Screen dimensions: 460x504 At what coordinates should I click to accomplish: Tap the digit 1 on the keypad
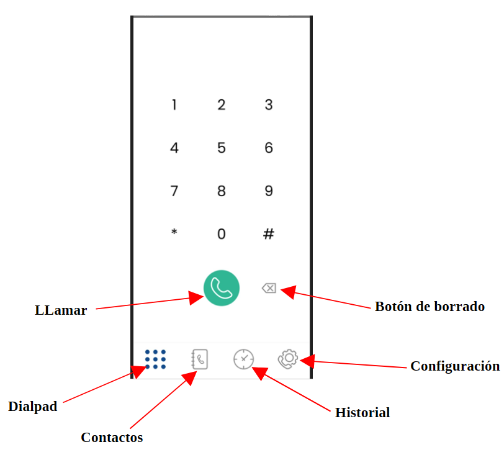click(x=174, y=105)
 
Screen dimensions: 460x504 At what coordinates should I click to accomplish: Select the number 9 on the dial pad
click(x=269, y=191)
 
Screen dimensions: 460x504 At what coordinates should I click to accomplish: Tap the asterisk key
click(x=174, y=233)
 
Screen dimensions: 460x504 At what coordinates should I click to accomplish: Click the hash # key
click(x=269, y=234)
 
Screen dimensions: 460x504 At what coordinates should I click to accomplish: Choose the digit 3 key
click(x=269, y=105)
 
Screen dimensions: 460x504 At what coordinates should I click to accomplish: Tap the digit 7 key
click(x=174, y=191)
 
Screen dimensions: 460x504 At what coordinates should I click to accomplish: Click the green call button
click(x=222, y=288)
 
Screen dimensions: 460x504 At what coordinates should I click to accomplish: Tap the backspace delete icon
click(x=269, y=288)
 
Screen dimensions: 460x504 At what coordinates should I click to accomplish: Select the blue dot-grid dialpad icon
click(x=155, y=359)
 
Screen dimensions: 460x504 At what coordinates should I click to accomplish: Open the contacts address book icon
click(x=200, y=359)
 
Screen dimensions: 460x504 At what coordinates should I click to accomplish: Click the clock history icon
click(x=244, y=359)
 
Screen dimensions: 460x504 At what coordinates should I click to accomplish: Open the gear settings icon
click(x=288, y=359)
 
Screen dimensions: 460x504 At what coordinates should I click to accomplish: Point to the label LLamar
click(x=61, y=310)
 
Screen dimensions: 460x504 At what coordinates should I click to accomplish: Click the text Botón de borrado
click(x=430, y=306)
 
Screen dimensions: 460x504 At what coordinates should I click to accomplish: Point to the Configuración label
click(x=455, y=366)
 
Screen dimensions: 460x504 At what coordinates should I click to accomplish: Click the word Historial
click(x=362, y=412)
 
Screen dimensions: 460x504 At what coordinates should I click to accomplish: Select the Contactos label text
click(x=112, y=437)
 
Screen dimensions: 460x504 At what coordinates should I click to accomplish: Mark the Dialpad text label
click(x=33, y=407)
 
